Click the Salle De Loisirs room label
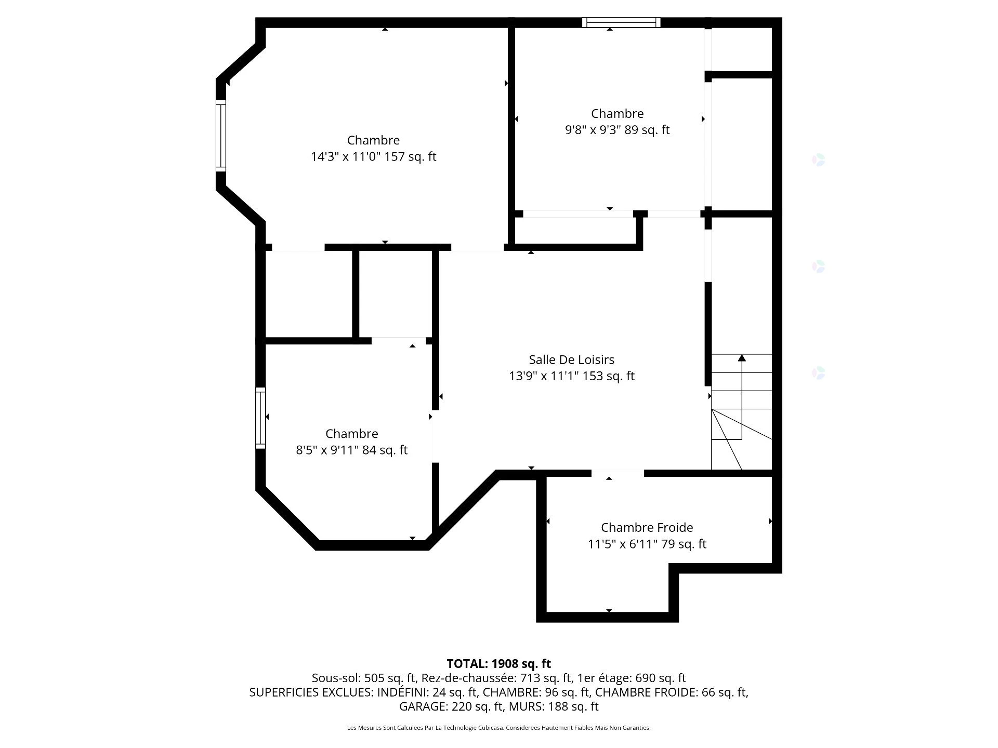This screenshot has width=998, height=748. click(x=571, y=359)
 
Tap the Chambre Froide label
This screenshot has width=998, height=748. click(x=647, y=527)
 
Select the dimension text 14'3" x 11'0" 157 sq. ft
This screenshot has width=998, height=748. click(x=373, y=156)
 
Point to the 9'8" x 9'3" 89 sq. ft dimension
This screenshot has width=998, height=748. click(x=617, y=130)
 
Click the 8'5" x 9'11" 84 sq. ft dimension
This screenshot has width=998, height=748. click(x=351, y=450)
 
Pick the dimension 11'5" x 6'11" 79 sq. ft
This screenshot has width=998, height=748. click(x=647, y=544)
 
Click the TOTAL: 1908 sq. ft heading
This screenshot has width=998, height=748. click(x=498, y=663)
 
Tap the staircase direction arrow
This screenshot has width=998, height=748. click(x=742, y=358)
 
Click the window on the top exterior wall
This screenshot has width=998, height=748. click(x=621, y=22)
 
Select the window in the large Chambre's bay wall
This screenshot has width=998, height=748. click(x=221, y=136)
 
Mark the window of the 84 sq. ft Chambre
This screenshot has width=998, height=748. click(x=260, y=418)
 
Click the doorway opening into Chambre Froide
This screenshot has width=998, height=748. click(x=617, y=473)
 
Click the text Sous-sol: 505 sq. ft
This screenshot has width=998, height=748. click(x=364, y=678)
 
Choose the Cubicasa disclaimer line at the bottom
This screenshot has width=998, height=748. click(x=498, y=728)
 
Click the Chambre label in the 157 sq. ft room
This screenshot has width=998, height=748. click(x=373, y=140)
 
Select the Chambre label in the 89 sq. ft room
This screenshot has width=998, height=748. click(x=617, y=113)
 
